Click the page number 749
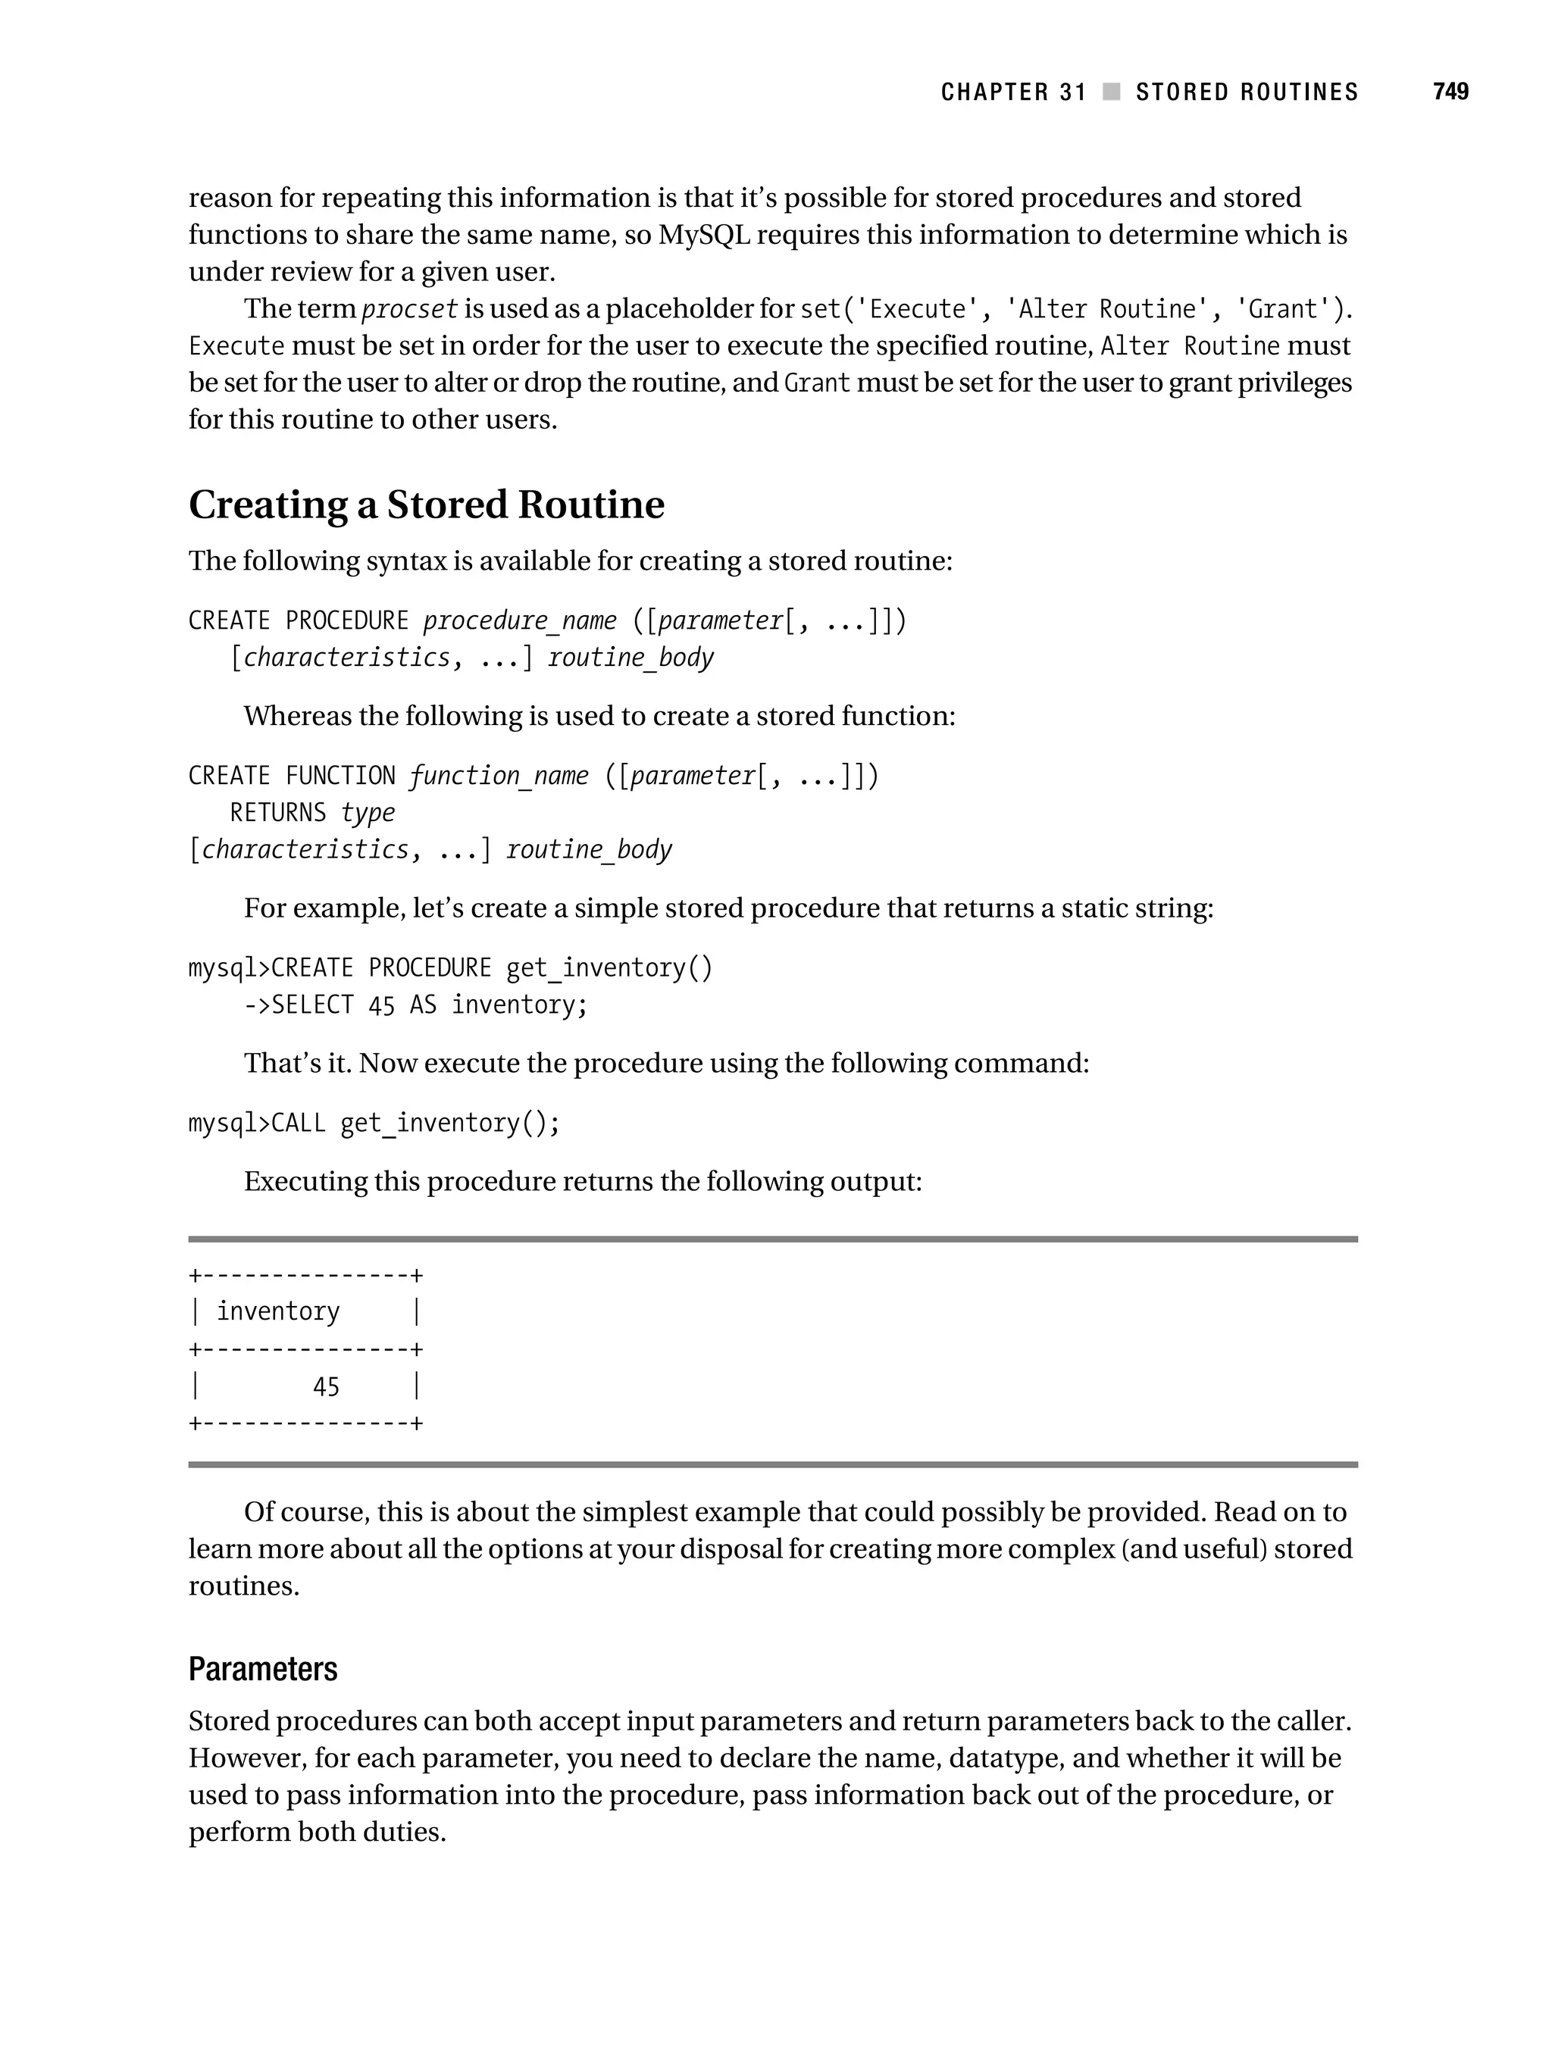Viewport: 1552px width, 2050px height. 1450,92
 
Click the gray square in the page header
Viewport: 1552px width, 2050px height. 1111,92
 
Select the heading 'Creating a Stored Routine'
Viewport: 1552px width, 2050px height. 427,505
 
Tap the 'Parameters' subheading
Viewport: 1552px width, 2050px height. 262,1669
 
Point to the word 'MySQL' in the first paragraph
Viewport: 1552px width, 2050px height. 704,235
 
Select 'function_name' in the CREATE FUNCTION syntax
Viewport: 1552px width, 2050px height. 498,775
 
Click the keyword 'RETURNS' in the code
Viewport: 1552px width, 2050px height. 278,813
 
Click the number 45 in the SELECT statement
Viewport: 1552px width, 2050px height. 381,1005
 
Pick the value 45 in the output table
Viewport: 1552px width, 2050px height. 327,1386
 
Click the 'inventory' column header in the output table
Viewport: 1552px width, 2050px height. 278,1311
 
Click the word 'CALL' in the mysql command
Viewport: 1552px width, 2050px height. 299,1123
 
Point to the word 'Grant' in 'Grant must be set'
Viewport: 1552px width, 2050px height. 817,383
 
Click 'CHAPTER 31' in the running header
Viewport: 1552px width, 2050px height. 1012,92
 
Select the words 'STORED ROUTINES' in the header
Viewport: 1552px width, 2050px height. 1246,92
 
